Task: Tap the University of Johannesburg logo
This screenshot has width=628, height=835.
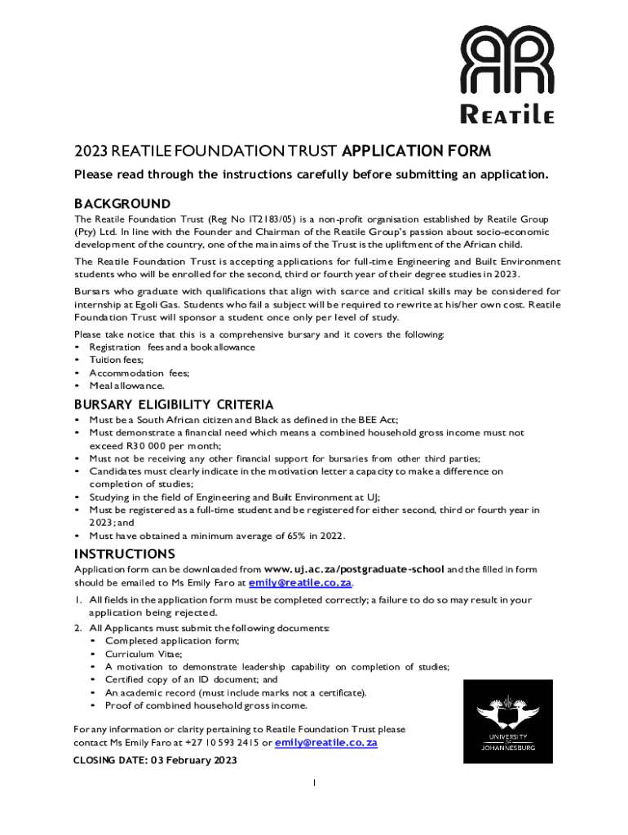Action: (507, 721)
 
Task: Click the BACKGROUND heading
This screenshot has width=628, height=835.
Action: (122, 203)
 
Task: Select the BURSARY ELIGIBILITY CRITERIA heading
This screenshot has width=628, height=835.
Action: (174, 404)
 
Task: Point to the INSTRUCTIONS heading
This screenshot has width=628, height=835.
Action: (124, 554)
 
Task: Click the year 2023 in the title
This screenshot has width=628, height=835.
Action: (91, 151)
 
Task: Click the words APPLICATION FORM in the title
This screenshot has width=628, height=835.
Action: (417, 151)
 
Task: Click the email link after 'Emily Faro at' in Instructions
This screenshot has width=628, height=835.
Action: (300, 583)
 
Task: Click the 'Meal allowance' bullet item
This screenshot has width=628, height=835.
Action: (126, 386)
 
